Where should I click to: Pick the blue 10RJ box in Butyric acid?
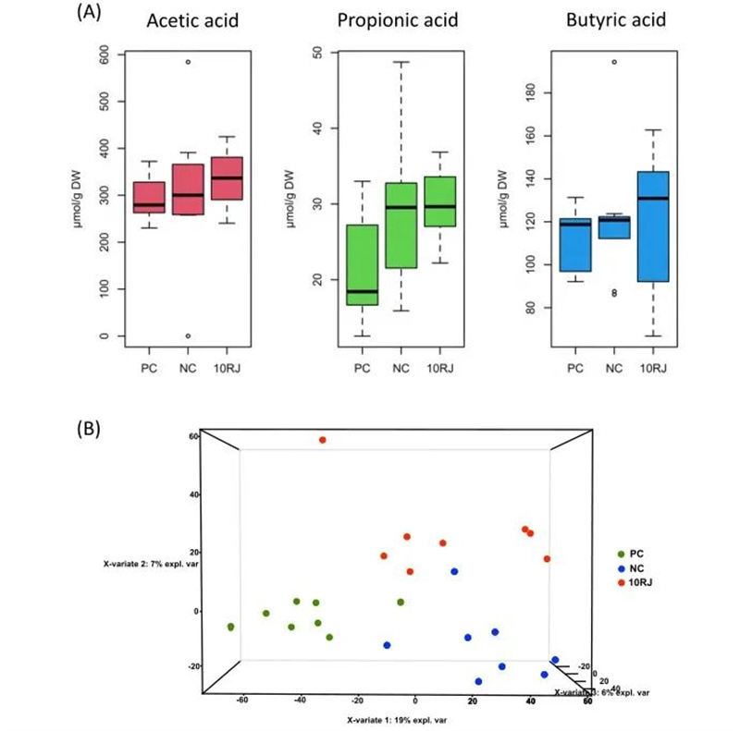[652, 226]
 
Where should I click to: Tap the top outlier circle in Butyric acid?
[614, 62]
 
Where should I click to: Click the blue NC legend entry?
[639, 567]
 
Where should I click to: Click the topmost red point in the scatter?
[322, 440]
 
